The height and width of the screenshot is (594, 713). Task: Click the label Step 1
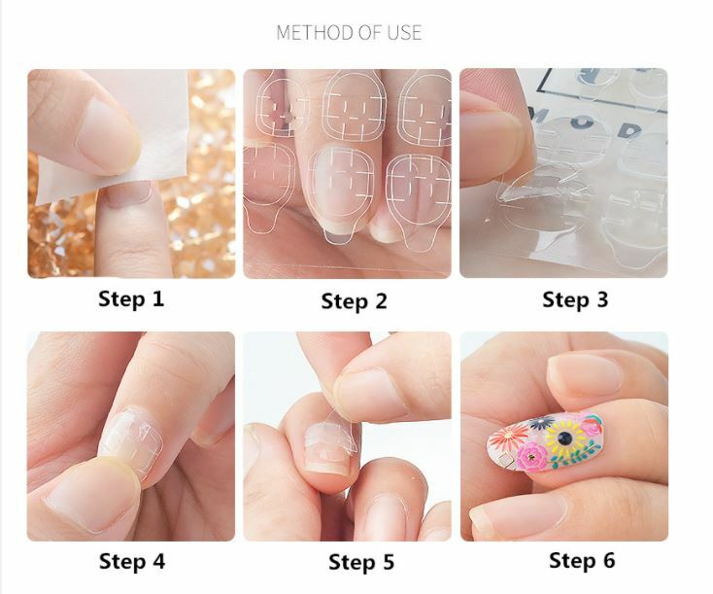point(131,297)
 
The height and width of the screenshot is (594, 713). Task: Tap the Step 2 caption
point(354,300)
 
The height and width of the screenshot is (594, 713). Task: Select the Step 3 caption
point(575,298)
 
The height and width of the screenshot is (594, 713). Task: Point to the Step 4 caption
point(131,561)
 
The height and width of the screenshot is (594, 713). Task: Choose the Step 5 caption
point(360,562)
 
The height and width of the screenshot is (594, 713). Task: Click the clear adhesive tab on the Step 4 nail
point(136,443)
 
